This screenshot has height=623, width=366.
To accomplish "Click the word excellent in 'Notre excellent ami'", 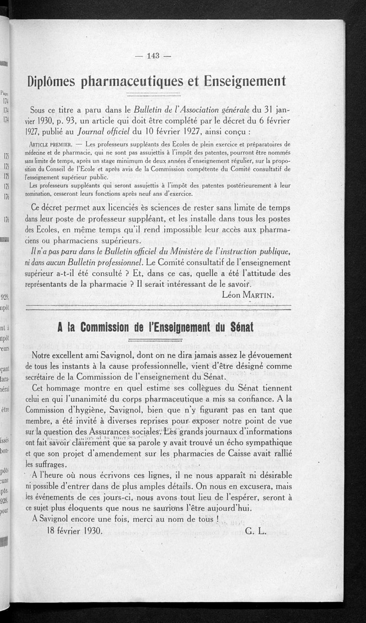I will [77, 355].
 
